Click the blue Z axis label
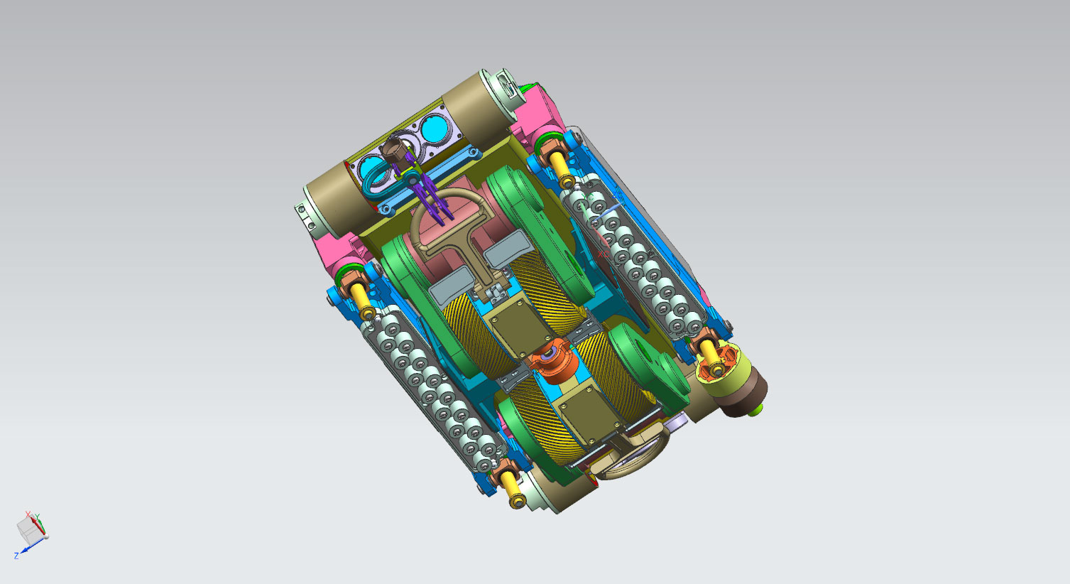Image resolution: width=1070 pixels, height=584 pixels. coord(16,556)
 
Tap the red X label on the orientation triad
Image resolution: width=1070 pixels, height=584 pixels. coord(28,514)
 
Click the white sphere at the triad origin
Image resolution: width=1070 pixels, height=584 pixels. coord(46,536)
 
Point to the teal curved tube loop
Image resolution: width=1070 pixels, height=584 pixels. coord(377,179)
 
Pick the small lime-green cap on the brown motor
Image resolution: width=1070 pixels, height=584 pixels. coord(754,409)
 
